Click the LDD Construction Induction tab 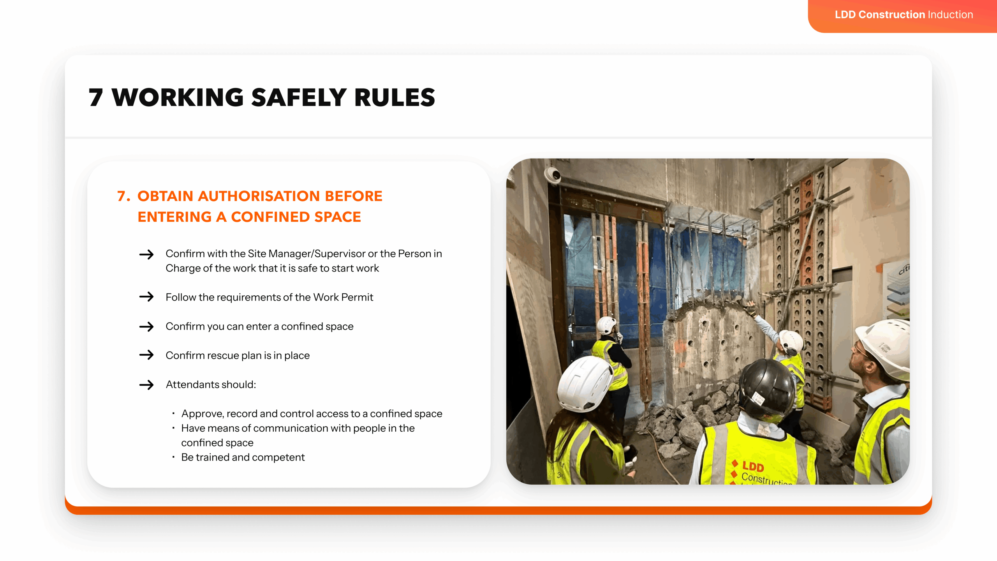904,15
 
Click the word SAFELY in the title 299,97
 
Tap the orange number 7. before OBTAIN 123,196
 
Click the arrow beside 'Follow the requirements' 146,297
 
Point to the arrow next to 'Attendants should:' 146,385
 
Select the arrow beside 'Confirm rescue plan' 146,355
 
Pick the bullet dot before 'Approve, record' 173,413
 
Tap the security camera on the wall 553,174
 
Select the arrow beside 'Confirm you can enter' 146,326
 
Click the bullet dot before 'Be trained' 173,457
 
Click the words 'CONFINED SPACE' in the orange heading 296,217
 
